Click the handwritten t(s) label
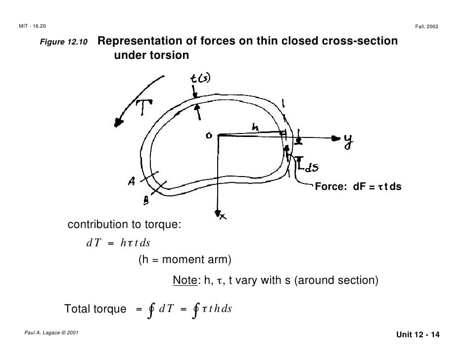pos(200,79)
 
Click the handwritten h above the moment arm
pos(254,127)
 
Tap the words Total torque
pos(95,309)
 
